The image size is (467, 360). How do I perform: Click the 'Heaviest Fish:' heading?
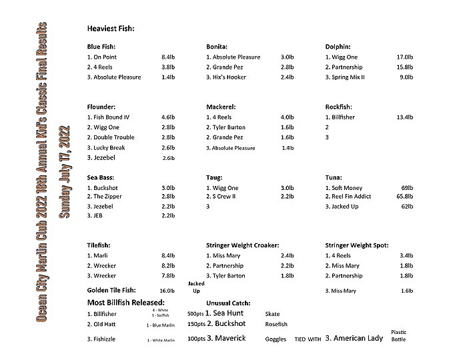pyautogui.click(x=111, y=29)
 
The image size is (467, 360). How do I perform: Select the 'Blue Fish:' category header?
pyautogui.click(x=101, y=47)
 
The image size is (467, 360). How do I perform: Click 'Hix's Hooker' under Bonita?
pyautogui.click(x=229, y=77)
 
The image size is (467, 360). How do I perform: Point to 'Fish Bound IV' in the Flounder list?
pyautogui.click(x=111, y=117)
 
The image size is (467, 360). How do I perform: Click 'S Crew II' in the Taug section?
pyautogui.click(x=227, y=197)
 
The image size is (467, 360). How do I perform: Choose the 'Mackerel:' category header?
pyautogui.click(x=221, y=107)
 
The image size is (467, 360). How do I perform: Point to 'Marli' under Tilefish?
pyautogui.click(x=101, y=255)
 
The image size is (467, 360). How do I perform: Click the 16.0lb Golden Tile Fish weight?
pyautogui.click(x=167, y=291)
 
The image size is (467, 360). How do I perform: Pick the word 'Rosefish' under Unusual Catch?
pyautogui.click(x=276, y=324)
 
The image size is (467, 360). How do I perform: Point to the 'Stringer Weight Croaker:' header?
pyautogui.click(x=242, y=245)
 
